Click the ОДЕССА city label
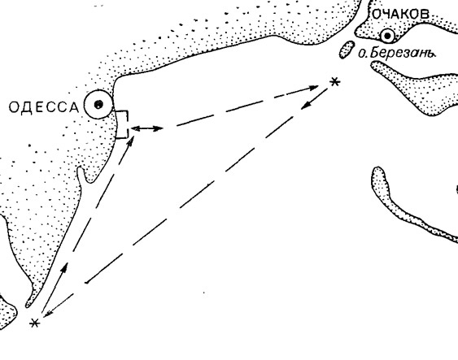click(44, 107)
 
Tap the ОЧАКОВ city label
click(401, 14)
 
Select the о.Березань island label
click(397, 53)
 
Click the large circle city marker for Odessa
click(98, 104)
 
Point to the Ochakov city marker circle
click(387, 36)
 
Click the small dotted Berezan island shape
click(347, 50)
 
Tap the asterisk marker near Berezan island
click(335, 82)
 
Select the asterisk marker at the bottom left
click(34, 323)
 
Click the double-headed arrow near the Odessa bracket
click(146, 128)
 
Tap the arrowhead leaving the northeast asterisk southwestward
click(306, 106)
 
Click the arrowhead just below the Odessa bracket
click(131, 141)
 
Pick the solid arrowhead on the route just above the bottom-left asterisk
click(64, 267)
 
